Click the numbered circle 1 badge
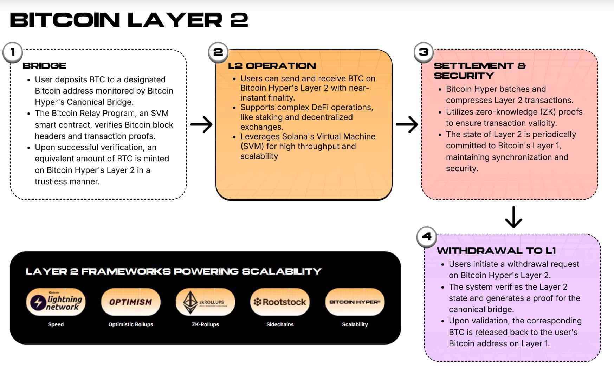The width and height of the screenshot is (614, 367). tap(13, 52)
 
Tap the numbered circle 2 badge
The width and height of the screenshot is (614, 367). tap(218, 52)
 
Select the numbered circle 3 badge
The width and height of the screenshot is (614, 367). tap(424, 52)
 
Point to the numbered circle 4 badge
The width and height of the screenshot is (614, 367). tap(426, 237)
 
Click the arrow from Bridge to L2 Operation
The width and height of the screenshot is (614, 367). tap(201, 124)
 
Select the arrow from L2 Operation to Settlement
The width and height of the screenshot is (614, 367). tap(407, 124)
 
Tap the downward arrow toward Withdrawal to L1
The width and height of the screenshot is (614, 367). tap(513, 217)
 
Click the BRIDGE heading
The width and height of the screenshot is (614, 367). tap(44, 66)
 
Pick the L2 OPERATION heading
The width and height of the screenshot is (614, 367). tap(272, 66)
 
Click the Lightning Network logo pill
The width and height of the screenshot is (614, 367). tap(56, 302)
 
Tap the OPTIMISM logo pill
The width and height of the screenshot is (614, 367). tap(131, 302)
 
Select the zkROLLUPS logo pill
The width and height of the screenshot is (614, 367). tap(205, 302)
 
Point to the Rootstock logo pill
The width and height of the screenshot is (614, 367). tap(280, 302)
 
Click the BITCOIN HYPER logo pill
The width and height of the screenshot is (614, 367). tap(355, 302)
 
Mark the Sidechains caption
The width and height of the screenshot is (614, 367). tap(280, 324)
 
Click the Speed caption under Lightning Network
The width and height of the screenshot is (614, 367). tap(56, 324)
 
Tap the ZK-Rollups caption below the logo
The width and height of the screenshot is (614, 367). tap(205, 324)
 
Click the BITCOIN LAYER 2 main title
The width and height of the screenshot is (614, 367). tap(129, 20)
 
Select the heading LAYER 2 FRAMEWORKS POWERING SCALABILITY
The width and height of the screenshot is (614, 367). tap(174, 271)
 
